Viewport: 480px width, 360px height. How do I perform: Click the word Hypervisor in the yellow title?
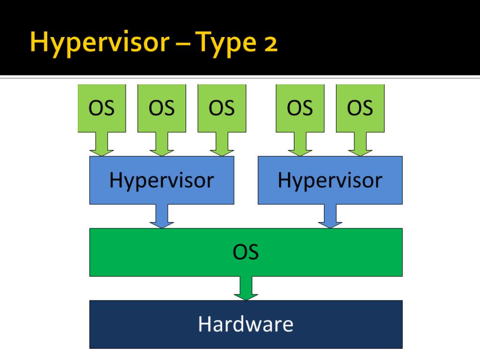pos(100,43)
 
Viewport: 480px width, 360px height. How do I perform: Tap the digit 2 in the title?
pos(270,45)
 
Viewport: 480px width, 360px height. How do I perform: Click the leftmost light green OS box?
pos(102,108)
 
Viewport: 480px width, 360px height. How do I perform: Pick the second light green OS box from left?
pos(162,108)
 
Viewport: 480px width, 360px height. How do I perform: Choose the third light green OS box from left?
pos(222,108)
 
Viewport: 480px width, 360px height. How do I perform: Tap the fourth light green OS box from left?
pos(300,108)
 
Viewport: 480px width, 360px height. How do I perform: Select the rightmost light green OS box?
pos(360,108)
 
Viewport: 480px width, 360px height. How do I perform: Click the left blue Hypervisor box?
pos(162,180)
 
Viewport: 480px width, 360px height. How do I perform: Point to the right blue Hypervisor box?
pos(330,180)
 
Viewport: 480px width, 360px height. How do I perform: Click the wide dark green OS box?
pos(246,252)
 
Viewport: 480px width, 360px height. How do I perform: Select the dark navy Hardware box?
pos(246,324)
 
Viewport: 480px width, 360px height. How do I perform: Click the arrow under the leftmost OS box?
pos(102,144)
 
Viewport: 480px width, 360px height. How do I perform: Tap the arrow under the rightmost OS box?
pos(360,144)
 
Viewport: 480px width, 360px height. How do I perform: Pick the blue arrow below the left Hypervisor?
pos(162,216)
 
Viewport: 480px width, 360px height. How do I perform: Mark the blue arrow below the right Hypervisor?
pos(330,216)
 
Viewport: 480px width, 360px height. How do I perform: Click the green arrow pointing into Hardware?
pos(246,288)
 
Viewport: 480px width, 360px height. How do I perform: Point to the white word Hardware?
pos(246,324)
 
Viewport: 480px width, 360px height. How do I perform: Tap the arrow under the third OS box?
pos(222,144)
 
